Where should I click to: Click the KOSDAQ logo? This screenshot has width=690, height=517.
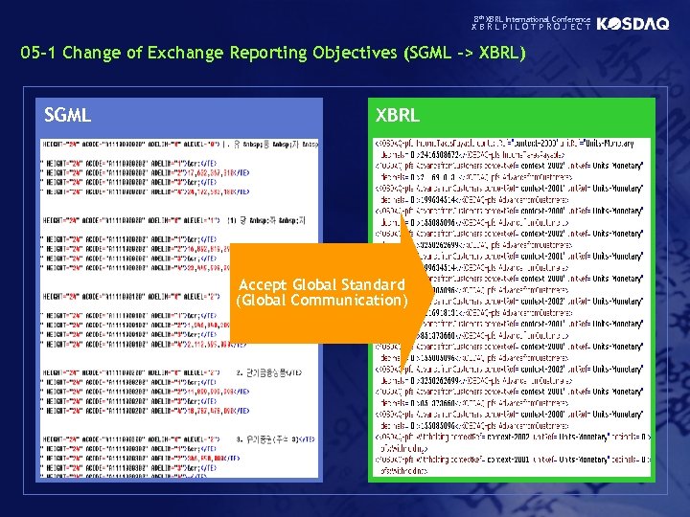pos(632,24)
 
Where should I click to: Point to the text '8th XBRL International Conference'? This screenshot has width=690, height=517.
pos(532,19)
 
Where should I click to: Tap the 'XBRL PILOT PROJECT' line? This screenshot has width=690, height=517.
pos(532,29)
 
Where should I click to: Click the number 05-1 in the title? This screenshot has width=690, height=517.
pos(40,53)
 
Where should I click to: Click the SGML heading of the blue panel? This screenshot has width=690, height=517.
pos(68,116)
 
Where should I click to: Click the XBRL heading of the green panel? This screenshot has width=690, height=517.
pos(398,116)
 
